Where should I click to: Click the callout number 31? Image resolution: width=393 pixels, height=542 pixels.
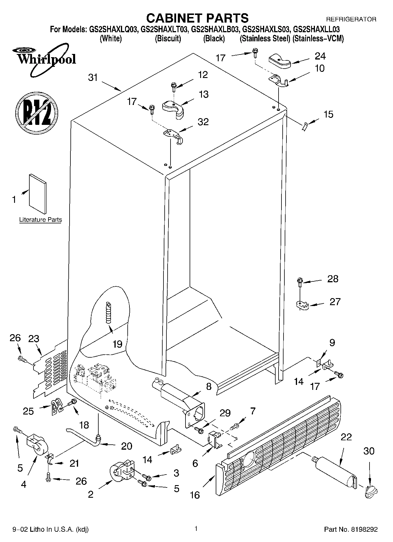pos(93,78)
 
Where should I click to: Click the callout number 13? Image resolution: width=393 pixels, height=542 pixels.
pos(203,94)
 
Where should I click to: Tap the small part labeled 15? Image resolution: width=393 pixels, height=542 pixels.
pos(304,127)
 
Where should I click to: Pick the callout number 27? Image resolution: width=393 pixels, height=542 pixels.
pos(335,302)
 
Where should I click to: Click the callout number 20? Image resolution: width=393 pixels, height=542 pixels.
pos(126,446)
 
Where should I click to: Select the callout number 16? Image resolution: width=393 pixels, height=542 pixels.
pos(195,495)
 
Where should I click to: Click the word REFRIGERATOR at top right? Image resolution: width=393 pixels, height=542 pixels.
pos(351,20)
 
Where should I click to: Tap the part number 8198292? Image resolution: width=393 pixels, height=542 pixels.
pos(363,529)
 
